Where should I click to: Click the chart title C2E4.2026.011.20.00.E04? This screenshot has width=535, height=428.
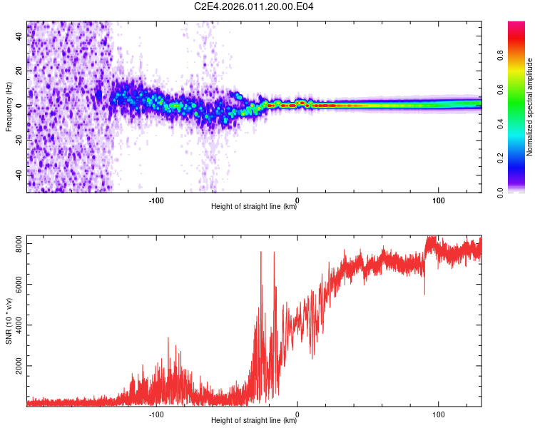coord(255,7)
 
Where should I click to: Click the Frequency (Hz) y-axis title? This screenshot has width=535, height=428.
coord(9,107)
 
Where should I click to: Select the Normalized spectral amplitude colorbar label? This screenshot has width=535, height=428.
coord(529,107)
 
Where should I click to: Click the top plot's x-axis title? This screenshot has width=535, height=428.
coord(254,208)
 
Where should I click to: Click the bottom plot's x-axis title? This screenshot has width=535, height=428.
coord(254,420)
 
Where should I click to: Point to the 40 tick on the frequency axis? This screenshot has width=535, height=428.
coord(19,37)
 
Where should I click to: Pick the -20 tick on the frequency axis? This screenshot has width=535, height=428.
coord(19,140)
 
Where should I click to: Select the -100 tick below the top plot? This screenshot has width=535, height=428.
coord(156,200)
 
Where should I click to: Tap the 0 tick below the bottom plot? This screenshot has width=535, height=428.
coord(297,413)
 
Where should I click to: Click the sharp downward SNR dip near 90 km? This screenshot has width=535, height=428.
coord(424,293)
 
